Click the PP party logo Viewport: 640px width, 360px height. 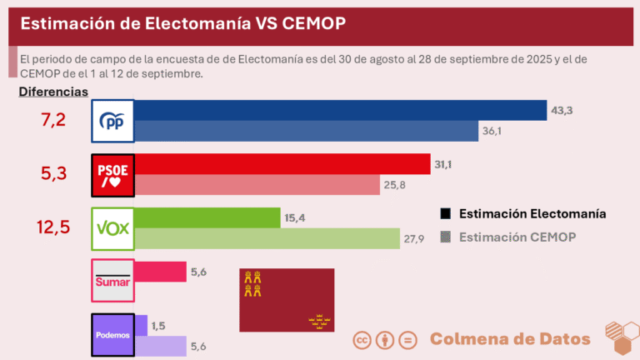coord(112,122)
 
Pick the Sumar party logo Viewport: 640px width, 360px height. coord(112,281)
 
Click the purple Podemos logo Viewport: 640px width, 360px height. coord(112,335)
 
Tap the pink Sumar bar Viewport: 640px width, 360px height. coord(159,272)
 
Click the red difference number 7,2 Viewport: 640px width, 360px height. coord(53,121)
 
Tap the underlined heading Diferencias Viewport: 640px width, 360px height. coord(53,91)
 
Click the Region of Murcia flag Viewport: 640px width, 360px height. coord(287,300)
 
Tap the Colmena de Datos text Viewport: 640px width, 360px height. coord(510,339)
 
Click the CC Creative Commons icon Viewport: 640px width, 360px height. coord(362,340)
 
